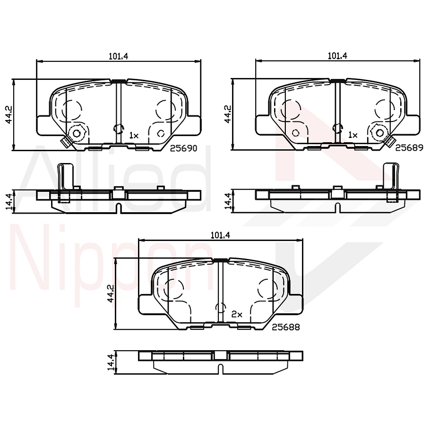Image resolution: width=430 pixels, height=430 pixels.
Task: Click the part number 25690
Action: [x=183, y=148]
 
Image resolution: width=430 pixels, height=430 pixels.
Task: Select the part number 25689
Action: [x=409, y=147]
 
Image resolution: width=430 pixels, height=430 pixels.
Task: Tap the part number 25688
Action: [x=286, y=327]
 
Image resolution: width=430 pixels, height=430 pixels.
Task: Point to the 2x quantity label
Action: [x=236, y=314]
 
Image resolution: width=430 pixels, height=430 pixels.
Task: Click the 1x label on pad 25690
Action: [x=134, y=135]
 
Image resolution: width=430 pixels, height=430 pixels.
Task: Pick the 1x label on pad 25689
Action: [x=353, y=135]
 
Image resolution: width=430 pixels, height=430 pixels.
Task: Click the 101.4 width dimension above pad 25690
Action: [x=119, y=56]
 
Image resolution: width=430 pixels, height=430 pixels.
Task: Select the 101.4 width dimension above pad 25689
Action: [x=337, y=56]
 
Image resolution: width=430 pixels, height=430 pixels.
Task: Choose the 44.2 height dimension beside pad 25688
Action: [x=111, y=293]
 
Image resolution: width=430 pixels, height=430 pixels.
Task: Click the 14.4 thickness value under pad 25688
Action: [x=111, y=361]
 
